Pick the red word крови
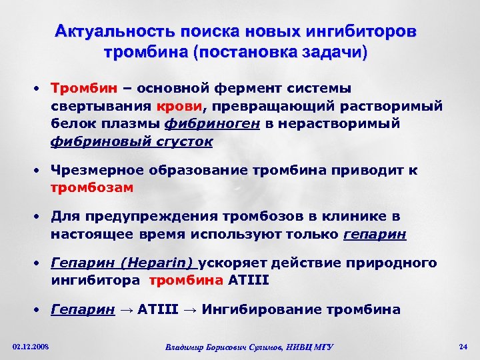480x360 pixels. [x=180, y=107]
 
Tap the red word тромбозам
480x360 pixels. [x=92, y=188]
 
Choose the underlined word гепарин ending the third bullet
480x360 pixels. [x=374, y=235]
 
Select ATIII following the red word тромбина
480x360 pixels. [x=248, y=281]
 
